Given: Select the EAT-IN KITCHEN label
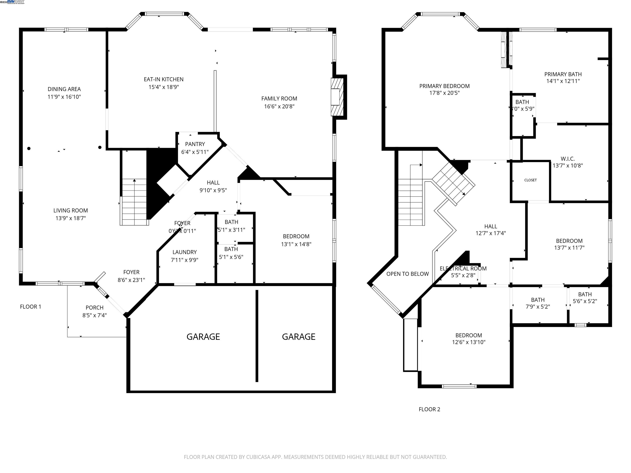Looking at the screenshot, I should pos(164,79).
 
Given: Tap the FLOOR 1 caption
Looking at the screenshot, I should pos(31,307).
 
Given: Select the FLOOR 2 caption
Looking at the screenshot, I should pos(429,409).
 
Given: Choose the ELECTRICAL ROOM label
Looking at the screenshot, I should pos(463,269).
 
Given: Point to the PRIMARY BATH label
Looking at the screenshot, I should pos(563,74).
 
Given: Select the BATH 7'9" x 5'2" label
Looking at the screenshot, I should pos(538,300).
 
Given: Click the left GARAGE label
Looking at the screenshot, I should pos(203,337).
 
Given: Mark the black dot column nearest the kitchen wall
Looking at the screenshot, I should pos(100,147).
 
